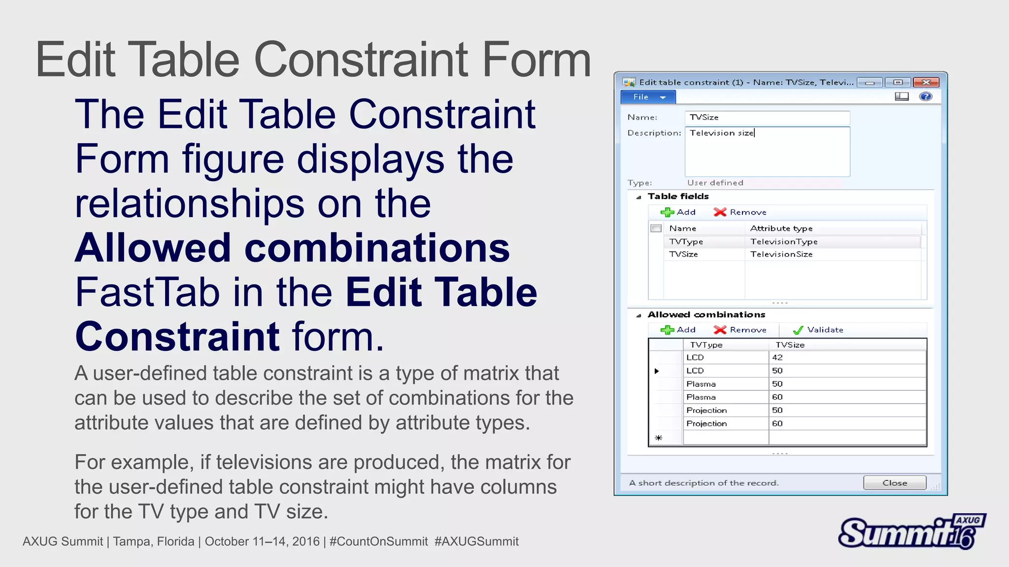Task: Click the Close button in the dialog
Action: (x=894, y=483)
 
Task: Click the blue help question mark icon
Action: (x=925, y=96)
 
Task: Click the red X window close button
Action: (x=926, y=82)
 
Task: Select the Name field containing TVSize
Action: (x=767, y=117)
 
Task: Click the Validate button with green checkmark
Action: (x=818, y=330)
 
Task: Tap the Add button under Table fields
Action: (x=678, y=212)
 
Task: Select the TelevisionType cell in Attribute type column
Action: (x=783, y=242)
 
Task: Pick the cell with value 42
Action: (x=777, y=357)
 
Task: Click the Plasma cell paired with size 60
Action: (x=701, y=397)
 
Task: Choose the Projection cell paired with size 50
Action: (x=706, y=410)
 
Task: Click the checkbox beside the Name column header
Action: (x=656, y=228)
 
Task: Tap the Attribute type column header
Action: (x=781, y=228)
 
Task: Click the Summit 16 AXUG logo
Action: (x=911, y=532)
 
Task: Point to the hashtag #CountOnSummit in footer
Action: (x=378, y=541)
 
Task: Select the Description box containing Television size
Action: (x=767, y=151)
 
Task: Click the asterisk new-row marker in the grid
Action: (x=658, y=438)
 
